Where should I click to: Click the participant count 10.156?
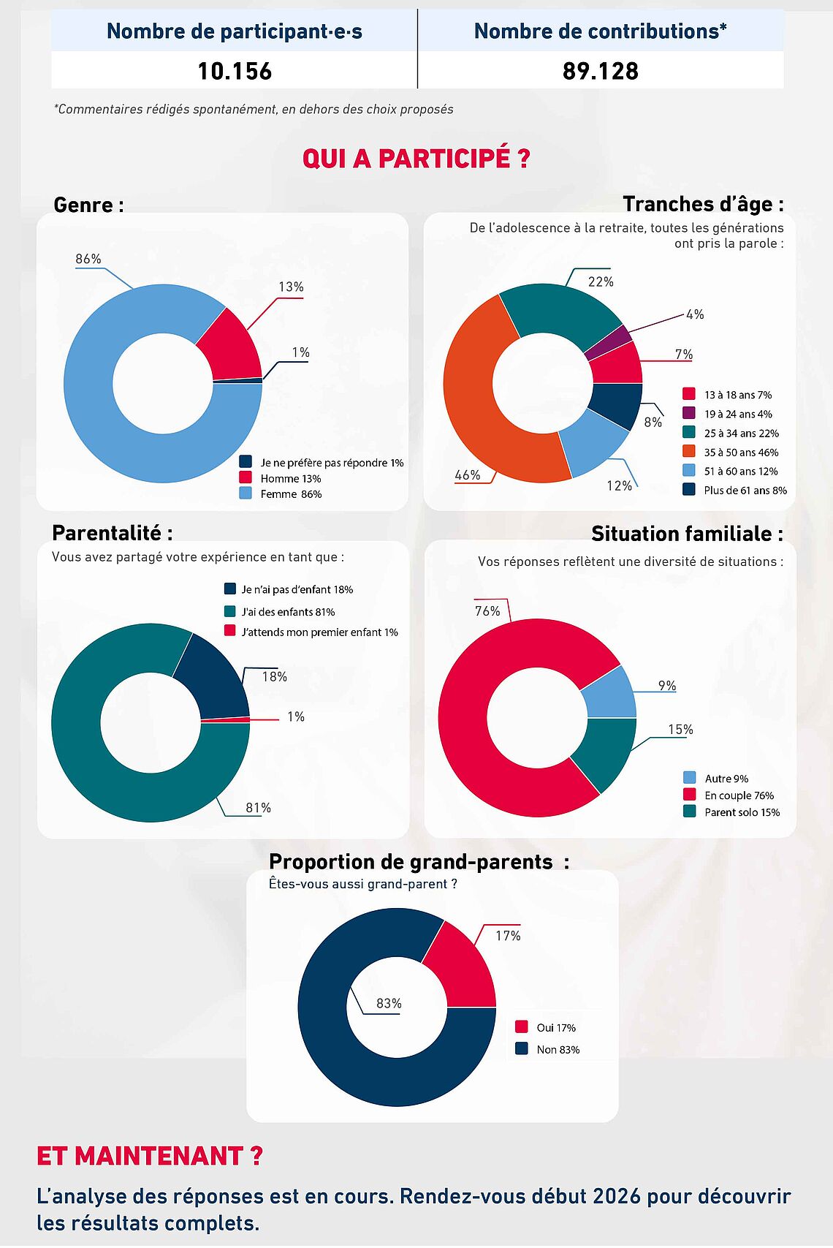click(235, 71)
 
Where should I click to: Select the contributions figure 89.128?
click(601, 71)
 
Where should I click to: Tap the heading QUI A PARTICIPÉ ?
click(416, 159)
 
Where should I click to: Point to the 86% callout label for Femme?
click(88, 259)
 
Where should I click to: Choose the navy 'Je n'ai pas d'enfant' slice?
click(212, 680)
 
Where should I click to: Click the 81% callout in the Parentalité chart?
click(258, 808)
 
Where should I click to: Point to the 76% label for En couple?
click(487, 611)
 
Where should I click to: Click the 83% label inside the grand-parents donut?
click(389, 1004)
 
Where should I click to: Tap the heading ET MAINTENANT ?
click(150, 1156)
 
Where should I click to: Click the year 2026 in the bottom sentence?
click(616, 1197)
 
